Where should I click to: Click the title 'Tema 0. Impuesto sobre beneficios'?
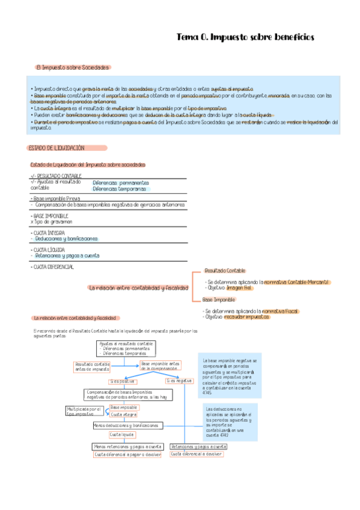tap(245, 37)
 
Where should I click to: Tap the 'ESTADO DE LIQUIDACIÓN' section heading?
tap(57, 148)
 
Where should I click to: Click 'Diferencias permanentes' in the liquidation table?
tap(121, 182)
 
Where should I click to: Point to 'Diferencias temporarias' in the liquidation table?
tap(119, 188)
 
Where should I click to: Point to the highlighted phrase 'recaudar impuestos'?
tap(246, 316)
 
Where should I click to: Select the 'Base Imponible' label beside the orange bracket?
tap(219, 300)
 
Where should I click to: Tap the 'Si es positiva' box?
tap(122, 381)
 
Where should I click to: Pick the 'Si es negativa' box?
tap(179, 381)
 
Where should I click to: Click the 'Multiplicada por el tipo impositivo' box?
tap(85, 411)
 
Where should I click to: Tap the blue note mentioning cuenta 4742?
tap(229, 422)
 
